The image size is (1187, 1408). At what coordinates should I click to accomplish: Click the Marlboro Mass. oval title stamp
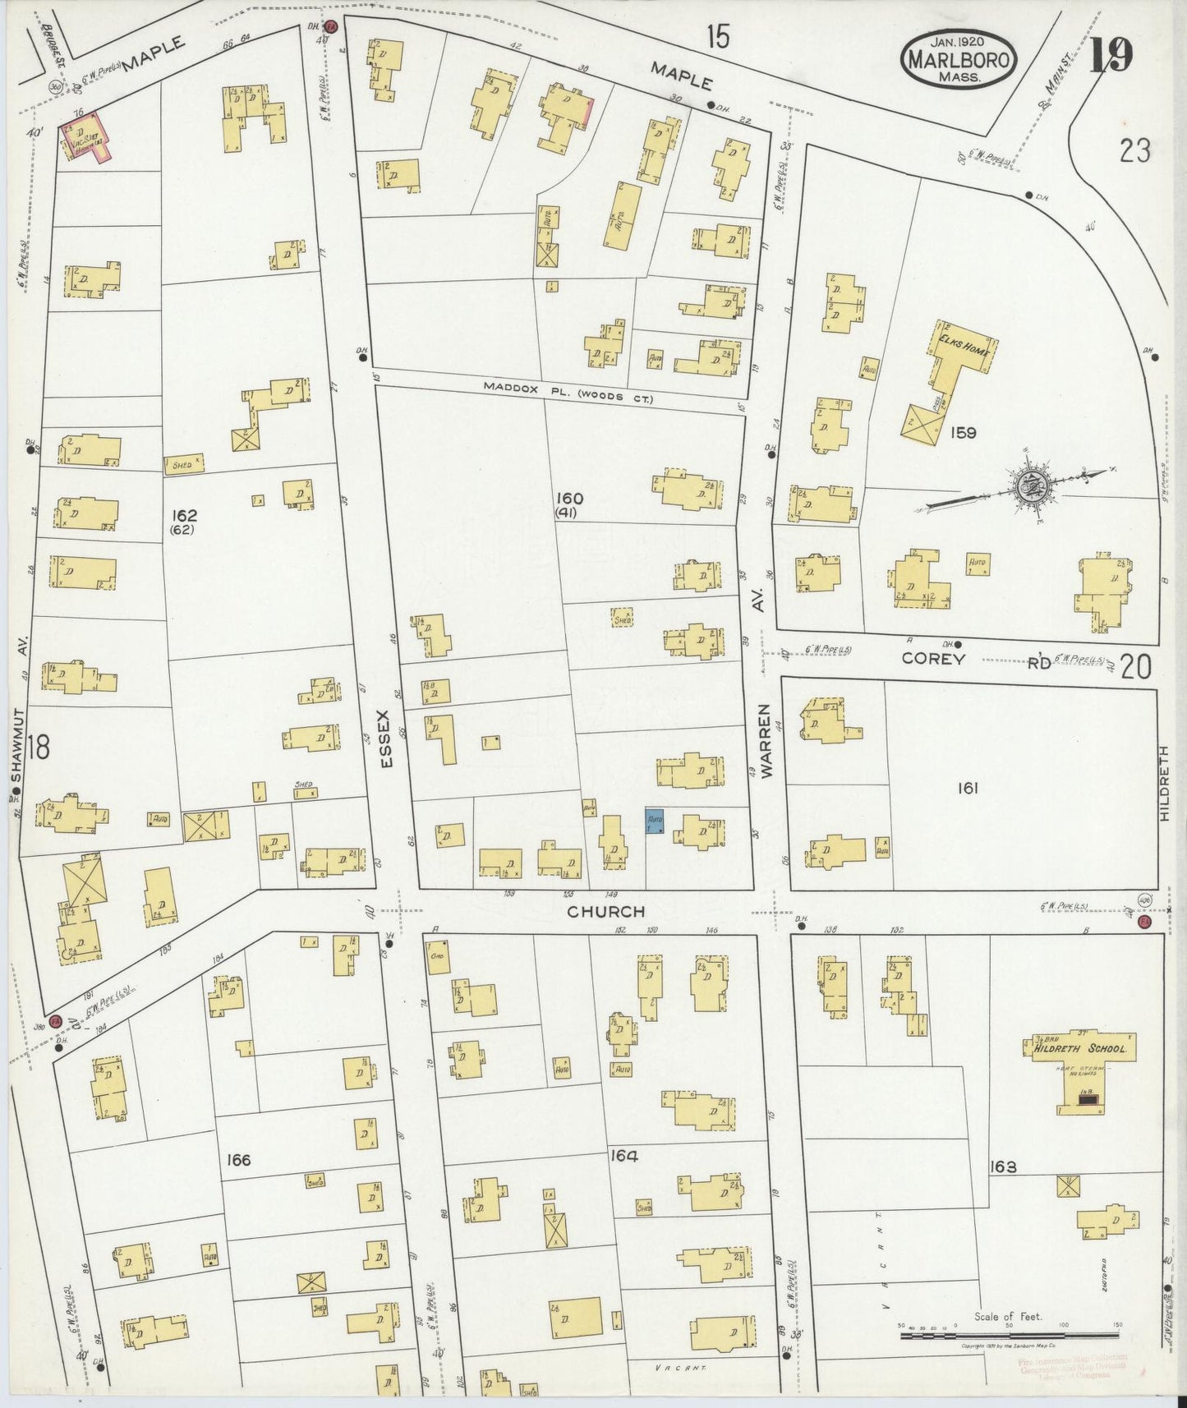[x=959, y=59]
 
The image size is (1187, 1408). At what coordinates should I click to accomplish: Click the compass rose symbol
[x=1028, y=487]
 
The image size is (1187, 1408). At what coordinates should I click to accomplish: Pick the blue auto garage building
[x=655, y=821]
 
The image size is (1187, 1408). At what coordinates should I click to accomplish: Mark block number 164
[x=624, y=1155]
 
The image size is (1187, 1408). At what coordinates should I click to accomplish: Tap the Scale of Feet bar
[x=1007, y=1337]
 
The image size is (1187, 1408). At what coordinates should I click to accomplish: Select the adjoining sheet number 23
[x=1134, y=151]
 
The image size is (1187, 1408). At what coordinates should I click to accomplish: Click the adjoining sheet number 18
[x=38, y=748]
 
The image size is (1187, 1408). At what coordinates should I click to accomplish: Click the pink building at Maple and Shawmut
[x=85, y=137]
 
